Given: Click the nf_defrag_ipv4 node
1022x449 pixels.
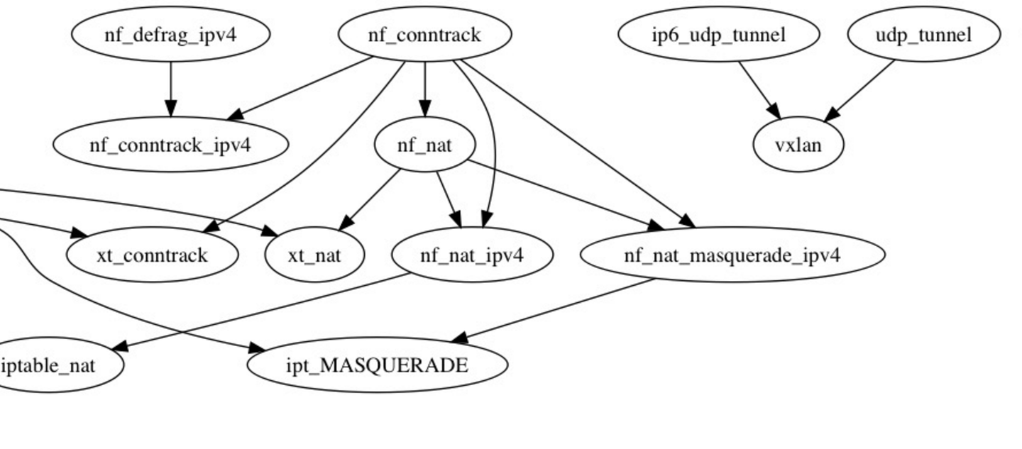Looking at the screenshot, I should (170, 34).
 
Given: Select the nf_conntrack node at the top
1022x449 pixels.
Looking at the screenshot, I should (424, 34).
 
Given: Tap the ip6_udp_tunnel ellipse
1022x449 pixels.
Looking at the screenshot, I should (719, 34).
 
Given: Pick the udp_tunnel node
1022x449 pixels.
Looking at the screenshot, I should (923, 34).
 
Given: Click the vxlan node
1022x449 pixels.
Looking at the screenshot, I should (798, 145).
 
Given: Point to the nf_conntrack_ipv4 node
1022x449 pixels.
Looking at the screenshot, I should (170, 145).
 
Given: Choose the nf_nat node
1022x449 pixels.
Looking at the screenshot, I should (424, 145).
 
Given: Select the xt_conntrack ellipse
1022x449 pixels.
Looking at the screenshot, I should (152, 255).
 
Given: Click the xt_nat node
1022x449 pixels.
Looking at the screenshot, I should (314, 255).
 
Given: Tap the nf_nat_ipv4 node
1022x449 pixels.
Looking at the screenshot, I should (472, 255).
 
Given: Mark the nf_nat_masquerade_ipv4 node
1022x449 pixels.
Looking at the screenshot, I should (732, 255).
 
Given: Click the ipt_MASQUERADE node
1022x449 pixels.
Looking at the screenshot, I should (377, 365).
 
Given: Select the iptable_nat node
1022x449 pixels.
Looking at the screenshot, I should (50, 365).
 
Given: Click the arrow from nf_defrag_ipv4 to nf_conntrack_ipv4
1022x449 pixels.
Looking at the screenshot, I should (170, 89).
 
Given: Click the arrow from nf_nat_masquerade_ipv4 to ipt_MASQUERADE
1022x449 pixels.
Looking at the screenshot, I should (554, 310).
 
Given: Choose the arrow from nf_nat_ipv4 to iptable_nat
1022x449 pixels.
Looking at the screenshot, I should (263, 311).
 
